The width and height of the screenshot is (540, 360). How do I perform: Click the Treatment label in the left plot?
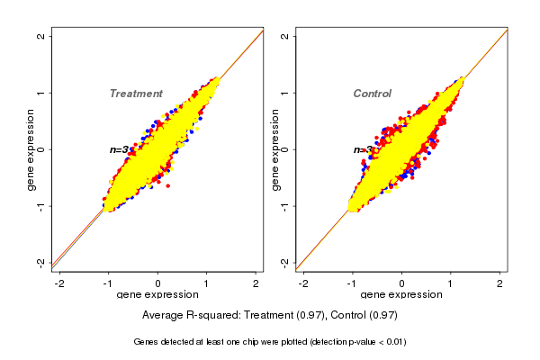pyautogui.click(x=136, y=94)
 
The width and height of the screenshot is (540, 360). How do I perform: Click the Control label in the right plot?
pyautogui.click(x=372, y=94)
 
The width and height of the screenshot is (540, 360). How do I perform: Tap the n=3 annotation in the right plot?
pyautogui.click(x=363, y=149)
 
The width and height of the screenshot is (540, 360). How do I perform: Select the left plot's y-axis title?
pyautogui.click(x=31, y=149)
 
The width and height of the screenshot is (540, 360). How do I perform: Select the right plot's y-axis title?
pyautogui.click(x=275, y=149)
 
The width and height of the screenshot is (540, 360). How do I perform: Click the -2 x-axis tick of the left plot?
pyautogui.click(x=60, y=283)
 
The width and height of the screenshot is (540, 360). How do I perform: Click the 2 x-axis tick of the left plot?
pyautogui.click(x=256, y=283)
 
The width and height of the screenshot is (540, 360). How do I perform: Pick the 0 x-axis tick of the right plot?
pyautogui.click(x=401, y=283)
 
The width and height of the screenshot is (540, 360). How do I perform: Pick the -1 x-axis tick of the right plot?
pyautogui.click(x=352, y=283)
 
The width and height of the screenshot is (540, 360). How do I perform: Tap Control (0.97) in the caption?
pyautogui.click(x=363, y=316)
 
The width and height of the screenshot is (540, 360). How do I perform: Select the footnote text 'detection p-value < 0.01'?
pyautogui.click(x=346, y=342)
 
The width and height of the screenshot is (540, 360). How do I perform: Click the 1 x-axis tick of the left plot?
pyautogui.click(x=207, y=283)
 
